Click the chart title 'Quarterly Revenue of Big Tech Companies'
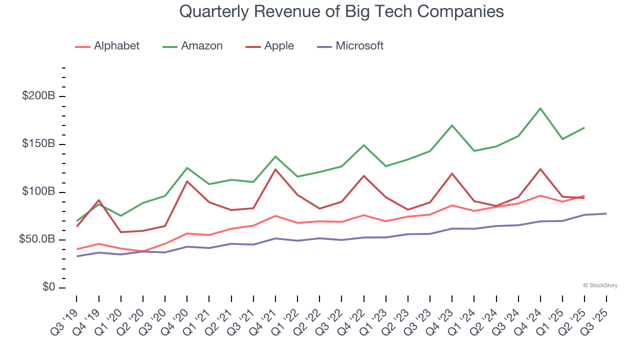point(341,11)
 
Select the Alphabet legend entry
point(107,46)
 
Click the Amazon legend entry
point(193,46)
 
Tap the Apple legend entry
point(270,46)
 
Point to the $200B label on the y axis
point(38,96)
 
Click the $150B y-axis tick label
point(38,144)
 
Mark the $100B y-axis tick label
point(38,192)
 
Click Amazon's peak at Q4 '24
point(540,108)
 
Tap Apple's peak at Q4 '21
point(275,169)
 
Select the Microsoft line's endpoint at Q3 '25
point(606,213)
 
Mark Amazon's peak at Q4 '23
point(452,125)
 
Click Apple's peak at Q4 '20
point(187,181)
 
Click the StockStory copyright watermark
point(600,285)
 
